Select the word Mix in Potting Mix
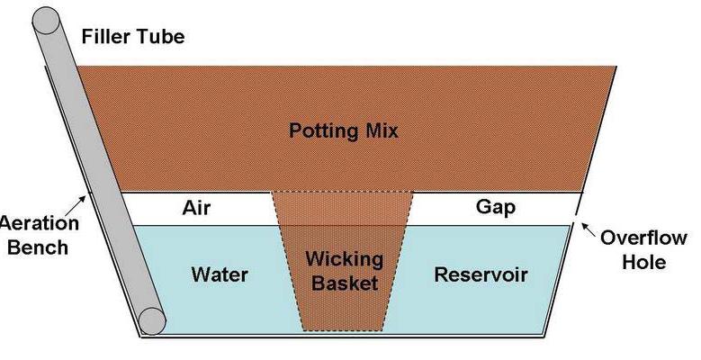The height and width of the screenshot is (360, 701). [379, 130]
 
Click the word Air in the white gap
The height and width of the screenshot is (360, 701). [205, 208]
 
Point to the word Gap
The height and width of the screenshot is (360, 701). [495, 208]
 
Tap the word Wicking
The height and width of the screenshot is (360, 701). [343, 259]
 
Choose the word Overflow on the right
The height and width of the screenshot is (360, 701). [644, 240]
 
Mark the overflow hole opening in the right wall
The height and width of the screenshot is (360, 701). [576, 212]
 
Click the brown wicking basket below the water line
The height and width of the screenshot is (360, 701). [343, 306]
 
